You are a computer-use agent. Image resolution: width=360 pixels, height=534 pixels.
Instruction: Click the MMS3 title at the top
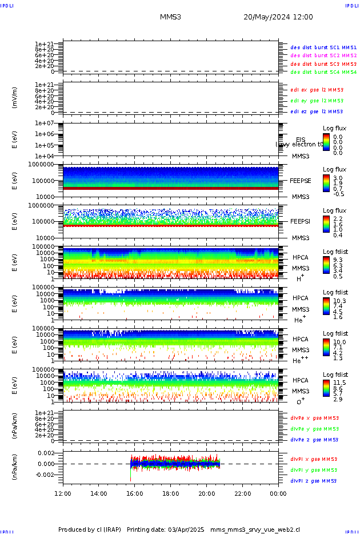pyautogui.click(x=170, y=17)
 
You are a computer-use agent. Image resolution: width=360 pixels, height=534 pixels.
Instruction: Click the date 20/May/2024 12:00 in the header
pyautogui.click(x=278, y=17)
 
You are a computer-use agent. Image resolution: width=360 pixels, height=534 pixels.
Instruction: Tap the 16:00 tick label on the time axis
pyautogui.click(x=135, y=493)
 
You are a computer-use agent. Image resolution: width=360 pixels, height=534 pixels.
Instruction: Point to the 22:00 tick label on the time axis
pyautogui.click(x=242, y=493)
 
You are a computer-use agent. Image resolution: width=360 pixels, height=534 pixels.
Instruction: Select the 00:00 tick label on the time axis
pyautogui.click(x=278, y=493)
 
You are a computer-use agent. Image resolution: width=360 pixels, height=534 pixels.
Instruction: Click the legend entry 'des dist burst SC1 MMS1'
pyautogui.click(x=323, y=47)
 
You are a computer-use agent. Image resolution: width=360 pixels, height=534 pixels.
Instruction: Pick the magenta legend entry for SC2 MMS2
pyautogui.click(x=323, y=55)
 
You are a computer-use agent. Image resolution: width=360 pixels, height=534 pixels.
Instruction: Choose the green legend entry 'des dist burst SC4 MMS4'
pyautogui.click(x=323, y=73)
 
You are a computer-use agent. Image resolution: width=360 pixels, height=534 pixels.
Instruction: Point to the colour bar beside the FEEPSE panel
pyautogui.click(x=326, y=182)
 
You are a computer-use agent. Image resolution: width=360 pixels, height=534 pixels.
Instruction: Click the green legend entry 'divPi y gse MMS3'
pyautogui.click(x=314, y=470)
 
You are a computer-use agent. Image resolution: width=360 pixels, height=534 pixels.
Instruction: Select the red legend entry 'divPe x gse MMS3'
pyautogui.click(x=314, y=418)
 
